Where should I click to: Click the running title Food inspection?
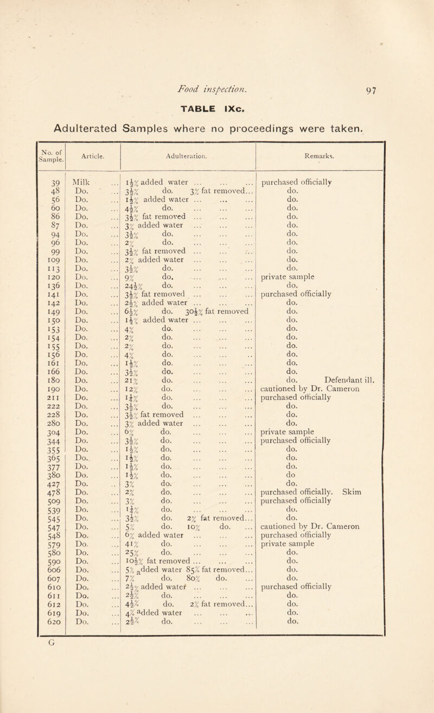pos(216,61)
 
